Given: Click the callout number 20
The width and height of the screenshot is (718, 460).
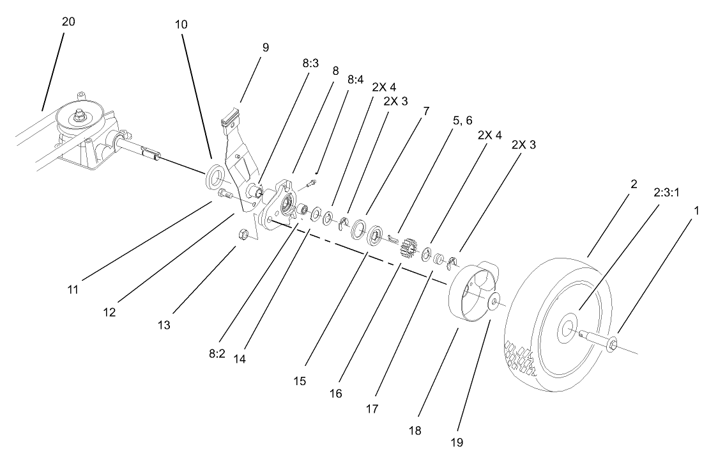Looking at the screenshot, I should [68, 21].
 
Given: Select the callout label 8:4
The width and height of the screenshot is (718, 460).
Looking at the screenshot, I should [356, 80].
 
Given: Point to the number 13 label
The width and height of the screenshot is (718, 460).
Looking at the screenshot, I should [165, 325].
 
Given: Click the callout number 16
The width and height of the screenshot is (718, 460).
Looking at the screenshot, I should [335, 393].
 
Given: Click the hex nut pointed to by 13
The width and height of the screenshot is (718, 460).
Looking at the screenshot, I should [243, 234].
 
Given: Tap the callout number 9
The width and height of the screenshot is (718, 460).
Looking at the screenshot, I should [248, 47].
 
